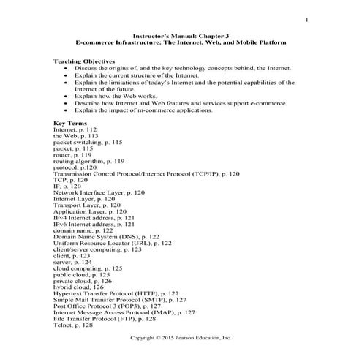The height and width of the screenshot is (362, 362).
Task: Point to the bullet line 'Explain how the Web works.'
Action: click(x=117, y=96)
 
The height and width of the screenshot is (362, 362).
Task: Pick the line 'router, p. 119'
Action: click(x=72, y=155)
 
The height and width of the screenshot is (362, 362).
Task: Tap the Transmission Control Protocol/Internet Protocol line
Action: click(x=146, y=174)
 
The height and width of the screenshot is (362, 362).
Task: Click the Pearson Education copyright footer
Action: click(x=180, y=339)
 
